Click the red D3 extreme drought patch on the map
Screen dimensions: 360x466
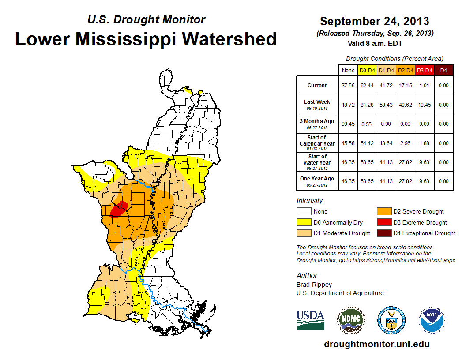click(x=119, y=208)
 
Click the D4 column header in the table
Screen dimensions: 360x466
click(x=443, y=70)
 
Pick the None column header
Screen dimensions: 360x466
click(x=348, y=70)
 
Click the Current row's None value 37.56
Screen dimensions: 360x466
click(x=348, y=86)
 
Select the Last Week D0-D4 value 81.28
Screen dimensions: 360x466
click(x=367, y=105)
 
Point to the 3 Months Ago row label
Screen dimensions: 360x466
click(x=317, y=124)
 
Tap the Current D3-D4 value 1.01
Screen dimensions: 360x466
click(x=424, y=86)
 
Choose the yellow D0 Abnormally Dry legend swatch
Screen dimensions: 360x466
click(x=304, y=222)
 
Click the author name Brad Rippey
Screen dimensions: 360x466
click(x=314, y=285)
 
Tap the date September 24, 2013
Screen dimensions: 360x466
click(x=374, y=21)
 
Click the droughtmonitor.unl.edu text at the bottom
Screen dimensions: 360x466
click(x=376, y=344)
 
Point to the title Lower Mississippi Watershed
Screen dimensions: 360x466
click(x=146, y=39)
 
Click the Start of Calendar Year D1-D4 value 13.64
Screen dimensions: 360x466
click(x=386, y=143)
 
